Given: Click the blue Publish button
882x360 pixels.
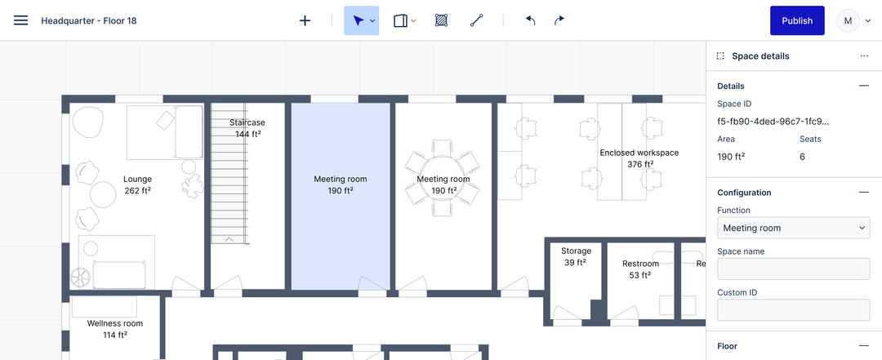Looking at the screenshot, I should point(796,20).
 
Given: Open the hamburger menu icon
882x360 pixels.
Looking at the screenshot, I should point(21,20).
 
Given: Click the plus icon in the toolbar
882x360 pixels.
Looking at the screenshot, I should point(305,20).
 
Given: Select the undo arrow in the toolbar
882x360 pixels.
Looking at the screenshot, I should point(530,20).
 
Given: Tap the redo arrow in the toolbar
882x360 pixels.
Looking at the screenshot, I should point(559,20).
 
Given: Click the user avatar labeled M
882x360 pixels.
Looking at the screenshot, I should point(848,20).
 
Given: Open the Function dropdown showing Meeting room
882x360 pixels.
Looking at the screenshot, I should point(793,228).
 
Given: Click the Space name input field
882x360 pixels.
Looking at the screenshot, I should point(793,269).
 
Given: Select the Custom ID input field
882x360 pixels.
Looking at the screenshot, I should point(793,310).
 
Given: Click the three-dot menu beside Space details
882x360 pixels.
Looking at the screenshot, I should point(863,56).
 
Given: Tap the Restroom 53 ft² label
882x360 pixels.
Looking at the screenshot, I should point(640,269).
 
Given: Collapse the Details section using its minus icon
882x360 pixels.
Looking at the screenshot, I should point(863,86).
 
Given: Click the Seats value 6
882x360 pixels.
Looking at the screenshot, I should point(802,157).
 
